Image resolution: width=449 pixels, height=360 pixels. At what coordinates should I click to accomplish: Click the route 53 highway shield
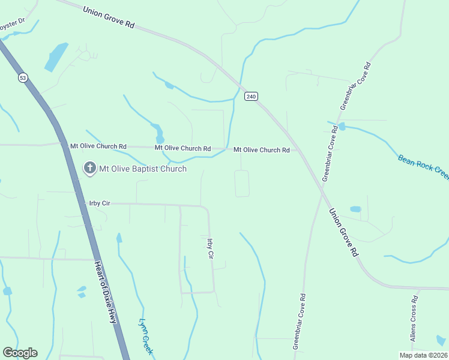(23, 77)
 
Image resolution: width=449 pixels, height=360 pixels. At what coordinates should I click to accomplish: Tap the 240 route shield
(251, 96)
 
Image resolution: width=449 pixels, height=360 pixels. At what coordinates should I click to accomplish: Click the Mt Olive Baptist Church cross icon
(89, 168)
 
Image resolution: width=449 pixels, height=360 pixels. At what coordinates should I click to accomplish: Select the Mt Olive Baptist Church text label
(142, 169)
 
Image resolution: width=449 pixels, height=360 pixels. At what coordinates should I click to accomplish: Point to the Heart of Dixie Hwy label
(104, 292)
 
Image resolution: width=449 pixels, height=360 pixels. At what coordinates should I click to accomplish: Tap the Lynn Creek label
(148, 338)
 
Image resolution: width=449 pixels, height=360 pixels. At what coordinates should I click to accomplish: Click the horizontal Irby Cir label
(98, 203)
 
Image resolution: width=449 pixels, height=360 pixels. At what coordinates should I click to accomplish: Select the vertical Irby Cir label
(210, 249)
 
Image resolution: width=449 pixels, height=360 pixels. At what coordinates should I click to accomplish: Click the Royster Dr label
(11, 23)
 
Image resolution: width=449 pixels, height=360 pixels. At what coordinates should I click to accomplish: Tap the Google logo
(20, 353)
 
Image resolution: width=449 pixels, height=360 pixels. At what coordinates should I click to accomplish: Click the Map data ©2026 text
(423, 355)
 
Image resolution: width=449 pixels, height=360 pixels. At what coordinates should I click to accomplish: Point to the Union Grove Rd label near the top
(109, 17)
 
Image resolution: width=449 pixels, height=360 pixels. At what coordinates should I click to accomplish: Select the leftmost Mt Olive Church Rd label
(98, 146)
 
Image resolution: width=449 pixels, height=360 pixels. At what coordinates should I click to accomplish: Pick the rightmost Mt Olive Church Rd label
(262, 149)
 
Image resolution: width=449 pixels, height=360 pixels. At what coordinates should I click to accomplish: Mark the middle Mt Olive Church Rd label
(182, 148)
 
